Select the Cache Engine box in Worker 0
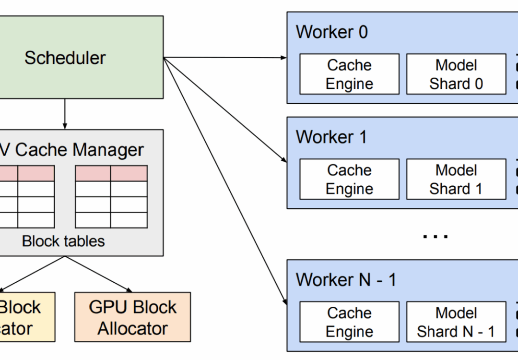click(x=349, y=74)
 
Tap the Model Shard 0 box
click(x=456, y=74)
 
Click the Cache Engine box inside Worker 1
click(x=349, y=179)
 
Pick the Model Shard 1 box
click(x=456, y=179)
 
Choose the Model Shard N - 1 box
click(x=456, y=322)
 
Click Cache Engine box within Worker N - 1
click(x=349, y=322)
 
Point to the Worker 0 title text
click(x=331, y=32)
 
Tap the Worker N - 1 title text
click(x=346, y=280)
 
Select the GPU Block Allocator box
click(x=133, y=317)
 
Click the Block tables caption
click(x=63, y=241)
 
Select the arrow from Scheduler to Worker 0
click(x=225, y=58)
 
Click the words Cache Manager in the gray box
click(x=79, y=150)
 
